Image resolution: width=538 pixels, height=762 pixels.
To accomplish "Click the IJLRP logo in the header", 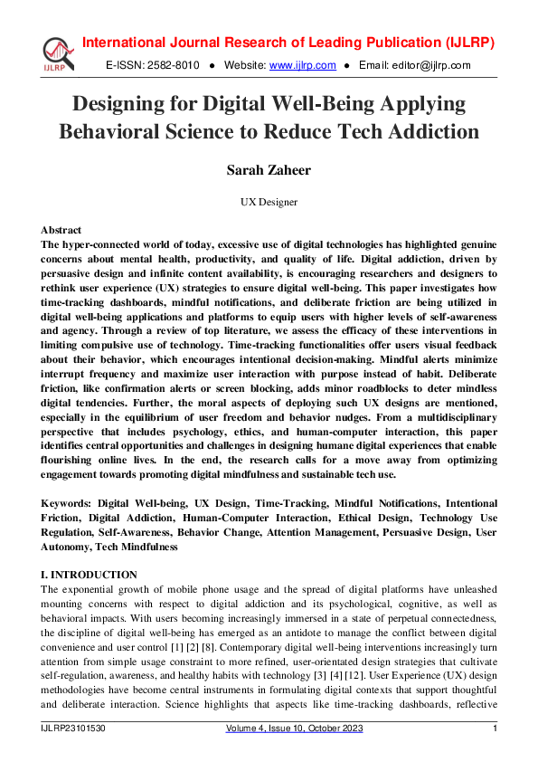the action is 56,53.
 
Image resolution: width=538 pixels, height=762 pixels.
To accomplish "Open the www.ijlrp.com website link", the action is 303,65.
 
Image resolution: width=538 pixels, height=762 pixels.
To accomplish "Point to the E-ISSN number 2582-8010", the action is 170,65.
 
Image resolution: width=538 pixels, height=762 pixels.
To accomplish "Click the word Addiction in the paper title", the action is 431,131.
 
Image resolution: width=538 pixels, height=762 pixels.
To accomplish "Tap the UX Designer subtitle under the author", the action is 269,203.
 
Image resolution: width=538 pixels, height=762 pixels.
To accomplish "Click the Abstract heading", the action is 61,230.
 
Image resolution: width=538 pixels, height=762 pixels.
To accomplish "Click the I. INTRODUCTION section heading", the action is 90,575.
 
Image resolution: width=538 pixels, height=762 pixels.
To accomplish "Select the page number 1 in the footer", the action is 495,729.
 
